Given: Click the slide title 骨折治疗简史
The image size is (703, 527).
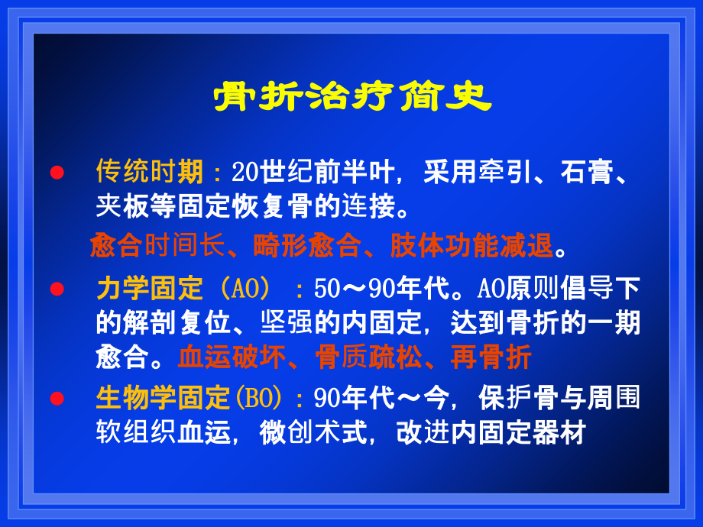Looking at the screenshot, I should click(352, 98).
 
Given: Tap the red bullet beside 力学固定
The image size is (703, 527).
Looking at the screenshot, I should click(56, 289).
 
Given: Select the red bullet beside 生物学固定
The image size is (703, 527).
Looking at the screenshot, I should click(56, 399).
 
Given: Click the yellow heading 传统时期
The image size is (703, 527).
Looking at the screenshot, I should click(150, 172).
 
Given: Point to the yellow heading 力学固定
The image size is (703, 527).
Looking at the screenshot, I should click(150, 289).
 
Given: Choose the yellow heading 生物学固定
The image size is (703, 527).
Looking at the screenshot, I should click(163, 398).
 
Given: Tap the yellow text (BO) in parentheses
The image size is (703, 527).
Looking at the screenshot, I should click(260, 398).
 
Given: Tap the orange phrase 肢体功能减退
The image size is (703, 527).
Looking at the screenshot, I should click(471, 246).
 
